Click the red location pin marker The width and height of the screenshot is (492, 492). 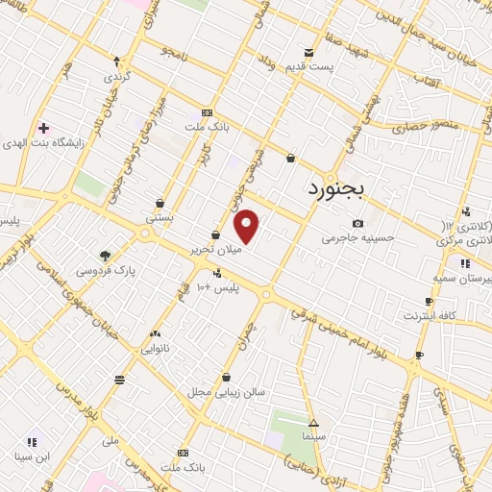click(x=247, y=227)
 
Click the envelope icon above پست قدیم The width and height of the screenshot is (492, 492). click(x=308, y=52)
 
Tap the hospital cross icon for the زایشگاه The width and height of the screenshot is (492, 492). click(x=43, y=128)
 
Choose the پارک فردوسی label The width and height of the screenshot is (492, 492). click(x=106, y=271)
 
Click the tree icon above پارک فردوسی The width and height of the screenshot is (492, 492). click(x=105, y=256)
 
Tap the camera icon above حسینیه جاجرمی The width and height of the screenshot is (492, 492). click(x=357, y=223)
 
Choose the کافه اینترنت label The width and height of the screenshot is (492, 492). click(x=430, y=315)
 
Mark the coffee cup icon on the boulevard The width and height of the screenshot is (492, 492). click(x=418, y=356)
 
